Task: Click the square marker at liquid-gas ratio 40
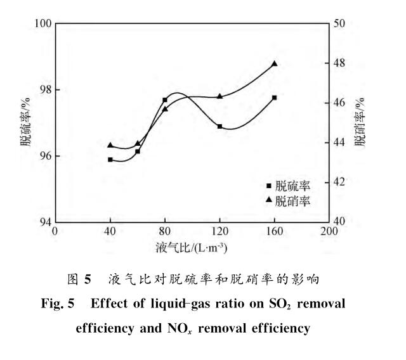coord(110,160)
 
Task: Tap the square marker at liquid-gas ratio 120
coord(219,126)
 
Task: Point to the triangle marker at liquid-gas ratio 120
coord(219,96)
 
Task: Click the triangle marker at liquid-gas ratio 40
coord(110,145)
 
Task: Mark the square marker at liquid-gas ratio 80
coord(165,100)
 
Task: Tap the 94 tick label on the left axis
coord(44,222)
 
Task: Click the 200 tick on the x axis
coord(329,231)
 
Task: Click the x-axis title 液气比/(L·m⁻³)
coord(191,246)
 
